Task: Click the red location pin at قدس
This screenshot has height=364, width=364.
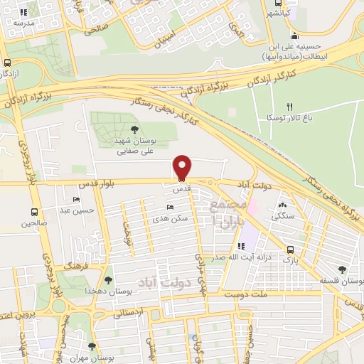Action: (x=183, y=167)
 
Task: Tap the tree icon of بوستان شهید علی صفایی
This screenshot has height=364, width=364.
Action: (x=134, y=129)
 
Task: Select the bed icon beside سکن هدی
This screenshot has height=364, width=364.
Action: (x=168, y=207)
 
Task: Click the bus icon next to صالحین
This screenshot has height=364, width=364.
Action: (x=34, y=212)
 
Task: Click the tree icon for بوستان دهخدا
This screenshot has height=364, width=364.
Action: (x=108, y=281)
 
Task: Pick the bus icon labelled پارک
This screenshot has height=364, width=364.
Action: (x=289, y=250)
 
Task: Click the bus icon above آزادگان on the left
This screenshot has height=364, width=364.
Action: (x=7, y=62)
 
